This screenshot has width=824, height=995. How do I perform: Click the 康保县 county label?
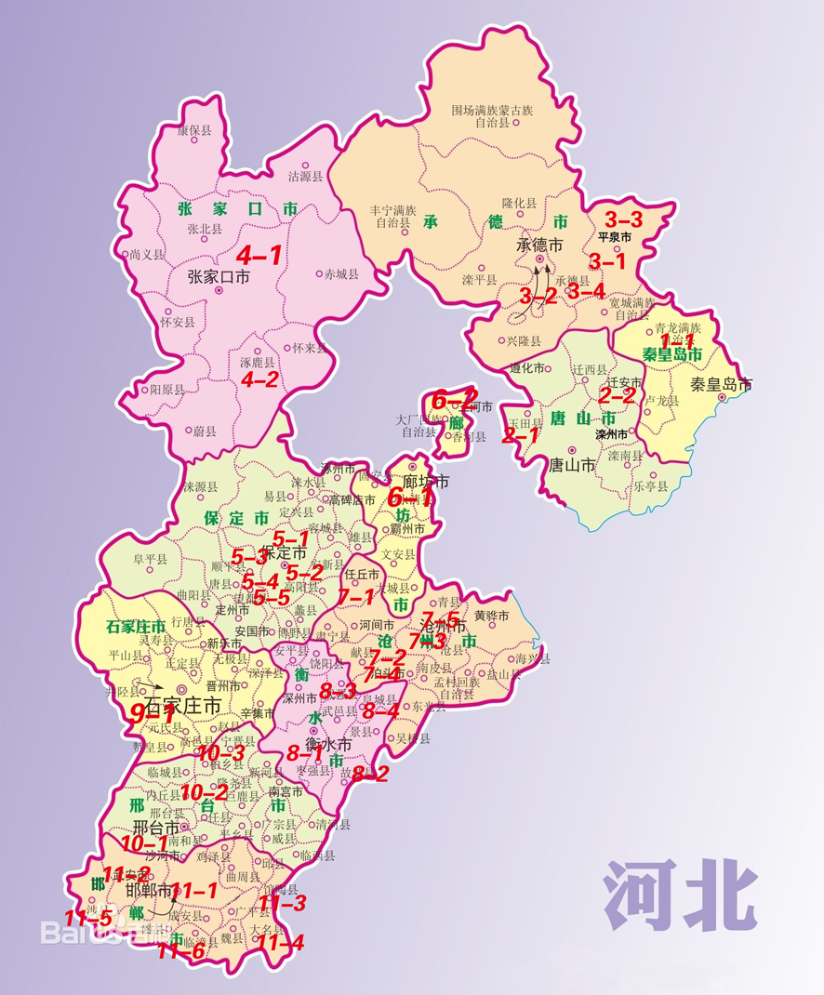click(x=194, y=131)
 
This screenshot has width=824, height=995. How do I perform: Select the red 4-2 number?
click(x=259, y=379)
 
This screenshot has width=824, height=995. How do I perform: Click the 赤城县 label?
click(x=340, y=274)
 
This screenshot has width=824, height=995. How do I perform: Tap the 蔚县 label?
click(x=205, y=431)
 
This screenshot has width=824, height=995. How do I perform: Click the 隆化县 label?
click(x=519, y=203)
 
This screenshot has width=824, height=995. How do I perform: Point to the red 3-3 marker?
click(x=623, y=220)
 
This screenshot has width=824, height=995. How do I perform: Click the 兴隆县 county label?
click(x=524, y=341)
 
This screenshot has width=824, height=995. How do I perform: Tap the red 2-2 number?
click(x=617, y=396)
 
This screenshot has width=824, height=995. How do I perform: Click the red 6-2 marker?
click(x=454, y=400)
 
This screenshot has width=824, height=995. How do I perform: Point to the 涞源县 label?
click(x=200, y=486)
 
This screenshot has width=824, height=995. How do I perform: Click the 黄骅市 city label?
click(x=491, y=616)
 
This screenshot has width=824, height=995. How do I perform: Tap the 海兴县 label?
click(x=533, y=659)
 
